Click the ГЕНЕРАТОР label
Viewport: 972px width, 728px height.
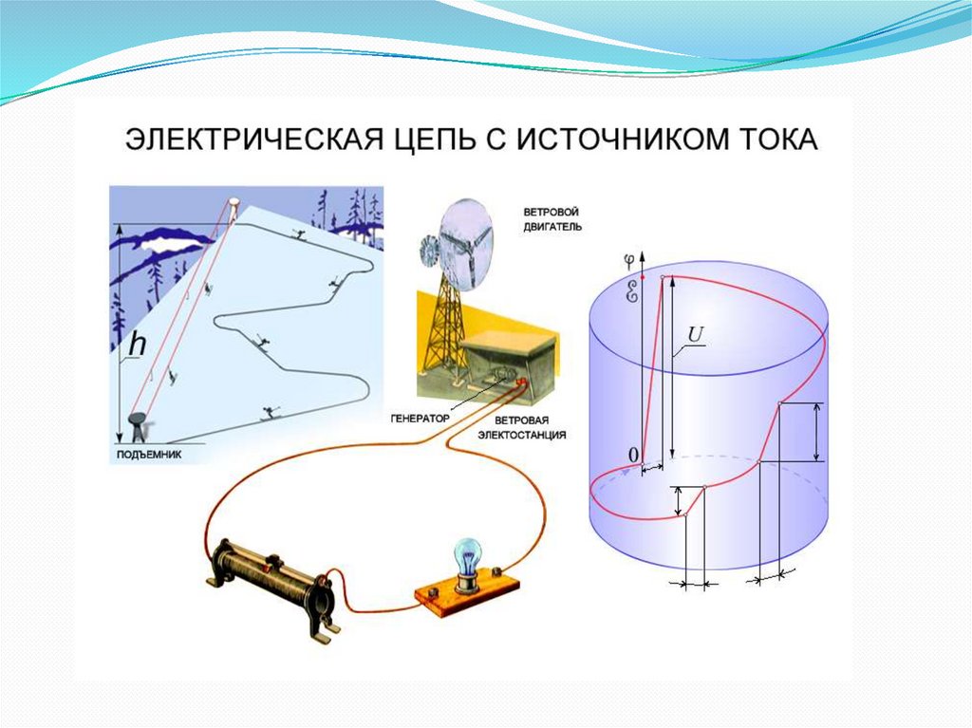418,418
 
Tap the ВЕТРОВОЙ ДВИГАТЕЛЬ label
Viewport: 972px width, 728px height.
551,219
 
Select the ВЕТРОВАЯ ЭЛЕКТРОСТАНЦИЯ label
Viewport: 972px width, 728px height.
530,426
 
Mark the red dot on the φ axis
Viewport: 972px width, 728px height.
643,276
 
